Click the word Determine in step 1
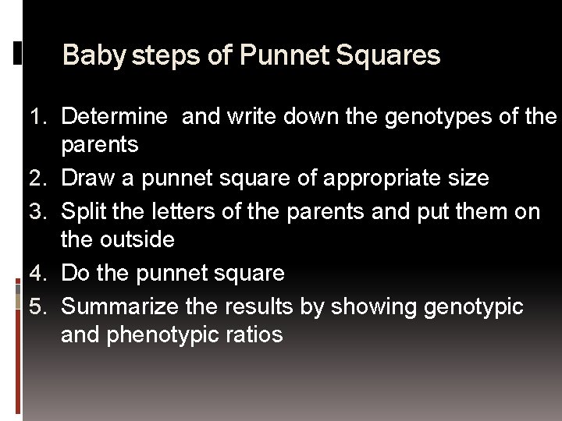tap(114, 117)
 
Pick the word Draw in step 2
tap(87, 179)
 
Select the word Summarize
tap(120, 307)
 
